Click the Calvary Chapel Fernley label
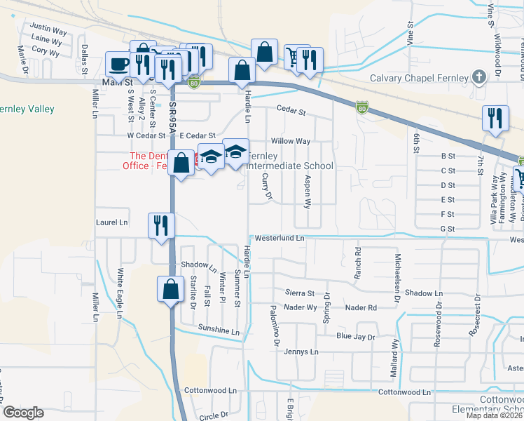[419, 78]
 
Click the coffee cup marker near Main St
[118, 65]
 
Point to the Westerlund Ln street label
[280, 239]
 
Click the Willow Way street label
[295, 141]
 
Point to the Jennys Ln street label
[301, 352]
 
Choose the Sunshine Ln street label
[219, 329]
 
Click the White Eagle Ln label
[120, 291]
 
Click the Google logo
[24, 413]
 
